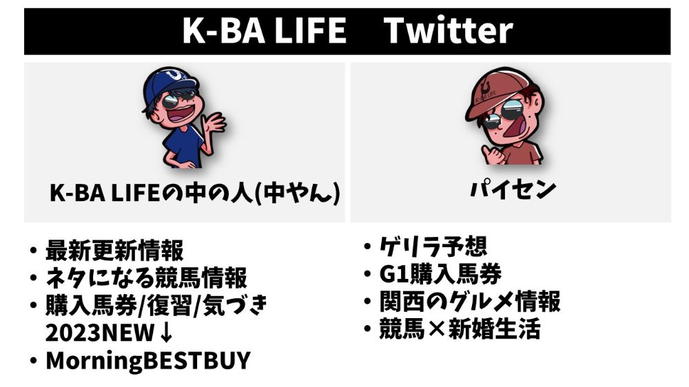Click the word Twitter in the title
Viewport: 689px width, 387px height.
pos(449,30)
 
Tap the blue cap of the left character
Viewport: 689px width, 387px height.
pos(170,82)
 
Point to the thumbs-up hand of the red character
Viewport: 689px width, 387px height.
pos(492,154)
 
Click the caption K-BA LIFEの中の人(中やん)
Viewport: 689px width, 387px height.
pos(195,193)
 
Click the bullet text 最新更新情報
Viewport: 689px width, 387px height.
pos(114,251)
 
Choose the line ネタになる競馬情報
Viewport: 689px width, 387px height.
pos(146,278)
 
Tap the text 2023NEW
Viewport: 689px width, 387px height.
pos(100,333)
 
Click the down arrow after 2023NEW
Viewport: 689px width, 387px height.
pos(166,333)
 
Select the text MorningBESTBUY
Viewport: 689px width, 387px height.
pos(147,361)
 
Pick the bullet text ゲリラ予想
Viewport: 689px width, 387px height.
pos(433,247)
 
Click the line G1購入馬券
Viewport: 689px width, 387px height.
pos(440,274)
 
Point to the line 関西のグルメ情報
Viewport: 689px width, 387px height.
pos(470,302)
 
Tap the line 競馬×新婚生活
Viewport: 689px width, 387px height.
pos(460,329)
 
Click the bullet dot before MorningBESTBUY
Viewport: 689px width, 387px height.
pos(33,361)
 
